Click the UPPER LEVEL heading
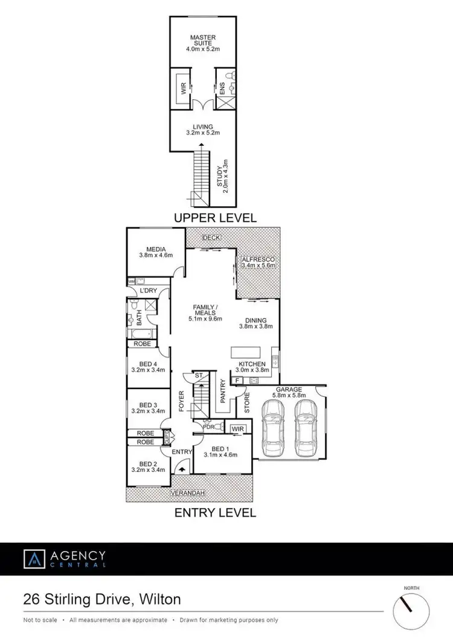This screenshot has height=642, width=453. pos(215,217)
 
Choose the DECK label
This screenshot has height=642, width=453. pos(211,237)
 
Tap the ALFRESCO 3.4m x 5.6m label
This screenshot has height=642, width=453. pos(258,262)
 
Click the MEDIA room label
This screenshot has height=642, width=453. pos(155,252)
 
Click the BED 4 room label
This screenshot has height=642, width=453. pos(149,366)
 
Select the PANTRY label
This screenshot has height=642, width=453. pos(223,390)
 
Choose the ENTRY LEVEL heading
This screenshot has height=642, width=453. pos(215,513)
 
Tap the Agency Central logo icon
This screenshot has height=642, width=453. pos(34,558)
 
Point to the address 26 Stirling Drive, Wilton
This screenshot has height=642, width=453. pos(101,600)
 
